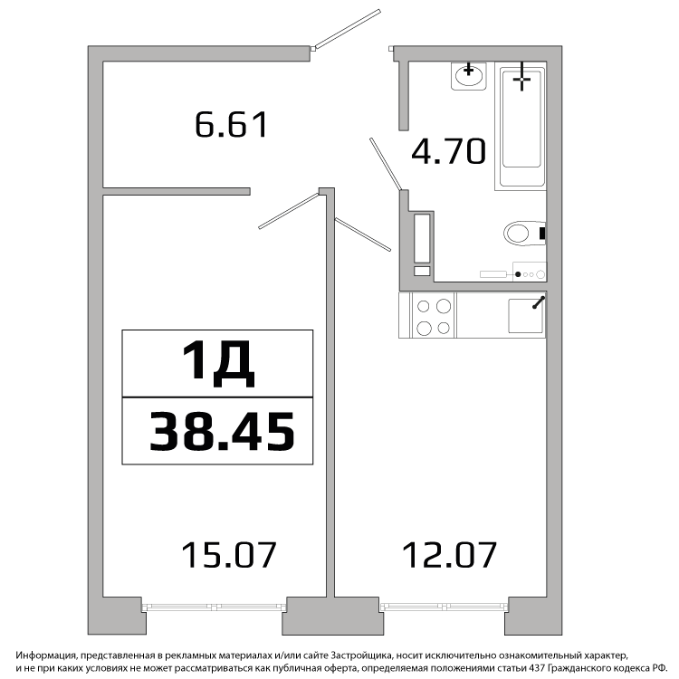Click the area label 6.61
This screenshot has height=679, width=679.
point(232,125)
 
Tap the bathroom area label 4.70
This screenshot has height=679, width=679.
point(448,151)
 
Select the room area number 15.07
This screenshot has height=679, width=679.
point(229,555)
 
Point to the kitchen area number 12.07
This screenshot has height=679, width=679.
point(449,555)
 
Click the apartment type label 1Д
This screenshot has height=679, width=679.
point(218,363)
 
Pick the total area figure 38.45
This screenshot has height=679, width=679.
point(222,431)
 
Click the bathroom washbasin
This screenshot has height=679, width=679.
point(469,76)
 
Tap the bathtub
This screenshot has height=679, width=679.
point(520,126)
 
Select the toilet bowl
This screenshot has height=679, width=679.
point(524,234)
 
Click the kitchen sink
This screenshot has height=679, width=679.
point(525,316)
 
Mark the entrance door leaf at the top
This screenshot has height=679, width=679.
point(348,29)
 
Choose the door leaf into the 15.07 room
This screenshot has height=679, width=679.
point(289,211)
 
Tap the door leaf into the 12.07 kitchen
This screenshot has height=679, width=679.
point(363,234)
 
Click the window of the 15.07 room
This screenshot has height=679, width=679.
point(215,607)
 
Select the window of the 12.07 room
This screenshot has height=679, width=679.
point(444,607)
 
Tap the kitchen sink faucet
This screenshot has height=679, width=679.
point(538,302)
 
